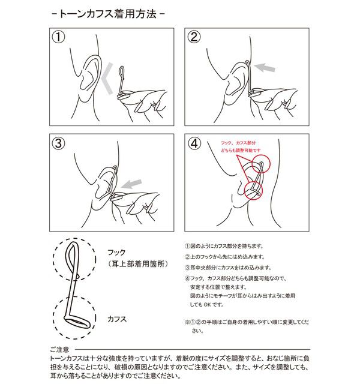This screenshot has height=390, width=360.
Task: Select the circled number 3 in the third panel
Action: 58,143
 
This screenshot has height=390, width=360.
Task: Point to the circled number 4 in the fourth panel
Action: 193,143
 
